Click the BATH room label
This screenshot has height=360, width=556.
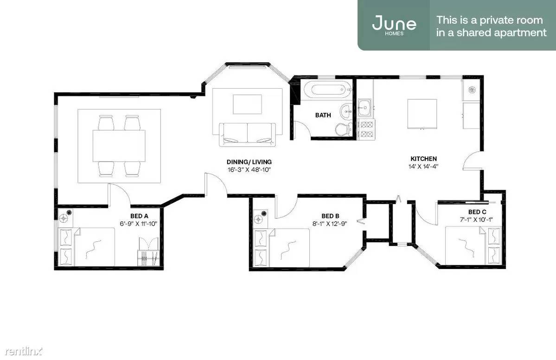tap(323, 115)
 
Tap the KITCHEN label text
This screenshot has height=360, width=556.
tap(423, 159)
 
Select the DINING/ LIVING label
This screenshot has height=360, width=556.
tap(249, 162)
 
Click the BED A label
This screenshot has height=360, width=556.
tap(139, 216)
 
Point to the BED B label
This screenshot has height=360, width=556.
tap(330, 216)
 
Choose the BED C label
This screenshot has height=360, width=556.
tap(477, 212)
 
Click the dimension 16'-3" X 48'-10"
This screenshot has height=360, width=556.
tap(249, 169)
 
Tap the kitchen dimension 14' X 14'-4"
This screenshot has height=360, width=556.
tap(423, 167)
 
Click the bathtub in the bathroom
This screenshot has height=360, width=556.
tap(327, 89)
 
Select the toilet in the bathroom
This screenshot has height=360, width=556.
tap(343, 129)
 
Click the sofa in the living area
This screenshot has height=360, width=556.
tap(247, 135)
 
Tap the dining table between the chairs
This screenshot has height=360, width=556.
tap(119, 146)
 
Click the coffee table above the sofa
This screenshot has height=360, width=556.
tap(247, 104)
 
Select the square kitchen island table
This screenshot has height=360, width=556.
tap(422, 114)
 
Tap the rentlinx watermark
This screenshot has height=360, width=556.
tap(23, 351)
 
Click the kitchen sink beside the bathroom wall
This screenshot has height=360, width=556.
tap(364, 108)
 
